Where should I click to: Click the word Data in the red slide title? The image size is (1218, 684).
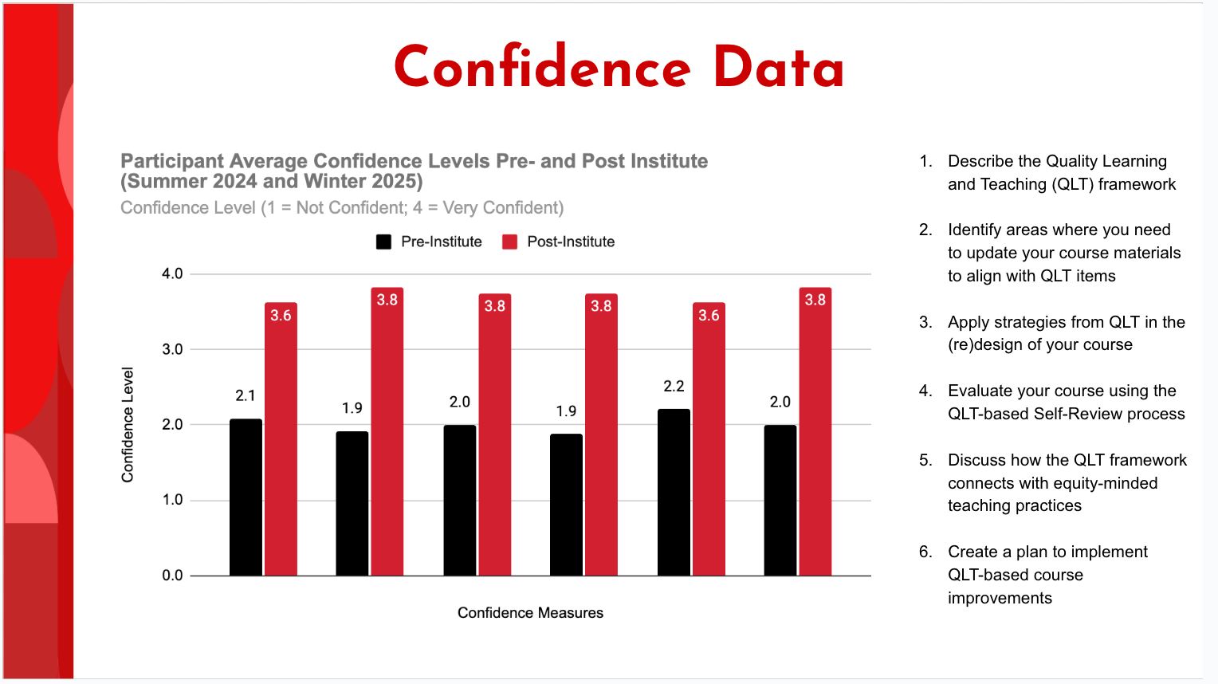(x=778, y=68)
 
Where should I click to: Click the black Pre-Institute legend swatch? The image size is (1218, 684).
(x=383, y=242)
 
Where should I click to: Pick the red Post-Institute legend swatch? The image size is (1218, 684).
(x=510, y=242)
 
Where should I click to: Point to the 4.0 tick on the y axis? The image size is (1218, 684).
(x=172, y=274)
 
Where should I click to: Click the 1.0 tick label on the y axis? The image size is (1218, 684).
(x=172, y=500)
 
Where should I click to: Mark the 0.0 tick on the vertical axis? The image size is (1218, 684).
(x=172, y=576)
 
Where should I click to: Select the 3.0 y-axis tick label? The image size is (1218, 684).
(x=172, y=349)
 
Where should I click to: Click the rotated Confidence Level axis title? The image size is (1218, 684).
(x=128, y=425)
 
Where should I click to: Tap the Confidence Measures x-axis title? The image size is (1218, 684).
(x=530, y=613)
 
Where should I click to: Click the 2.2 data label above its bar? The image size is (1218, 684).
(x=674, y=387)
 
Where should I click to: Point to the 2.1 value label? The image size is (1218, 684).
(x=246, y=396)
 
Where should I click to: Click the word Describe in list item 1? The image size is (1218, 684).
(x=980, y=162)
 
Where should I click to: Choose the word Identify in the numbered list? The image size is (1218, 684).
(x=976, y=230)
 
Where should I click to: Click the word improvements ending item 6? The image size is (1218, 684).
(x=1000, y=599)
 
